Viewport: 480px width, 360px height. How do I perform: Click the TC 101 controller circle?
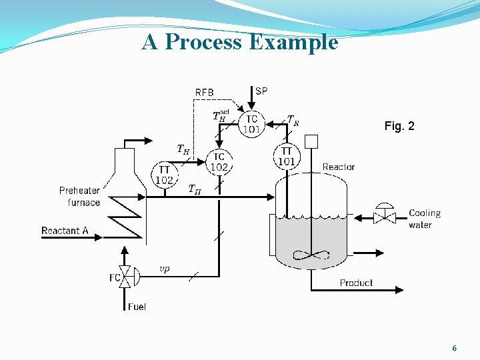point(251,123)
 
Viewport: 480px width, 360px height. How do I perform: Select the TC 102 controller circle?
point(219,162)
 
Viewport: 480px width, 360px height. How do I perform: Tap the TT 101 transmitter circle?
point(286,157)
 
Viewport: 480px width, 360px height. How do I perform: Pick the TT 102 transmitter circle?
point(165,175)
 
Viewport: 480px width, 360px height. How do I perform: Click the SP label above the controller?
point(262,91)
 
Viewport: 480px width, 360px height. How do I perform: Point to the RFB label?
point(205,92)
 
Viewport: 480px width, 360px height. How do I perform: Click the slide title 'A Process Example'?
point(240,42)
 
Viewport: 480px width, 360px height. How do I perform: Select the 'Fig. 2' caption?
point(399,125)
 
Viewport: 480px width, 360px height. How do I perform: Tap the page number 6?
point(454,348)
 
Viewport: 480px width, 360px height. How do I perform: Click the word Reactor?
point(339,167)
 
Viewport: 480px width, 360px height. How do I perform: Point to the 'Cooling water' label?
point(425,219)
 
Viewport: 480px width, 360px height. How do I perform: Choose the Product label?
point(356,283)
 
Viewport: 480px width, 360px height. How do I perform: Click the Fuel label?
point(137,307)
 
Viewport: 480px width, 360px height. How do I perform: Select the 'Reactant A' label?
point(65,231)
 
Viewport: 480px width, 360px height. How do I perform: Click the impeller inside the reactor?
point(311,254)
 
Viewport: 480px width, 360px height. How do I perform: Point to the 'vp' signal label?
point(164,269)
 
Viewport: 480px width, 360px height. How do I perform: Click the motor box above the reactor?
point(311,141)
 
